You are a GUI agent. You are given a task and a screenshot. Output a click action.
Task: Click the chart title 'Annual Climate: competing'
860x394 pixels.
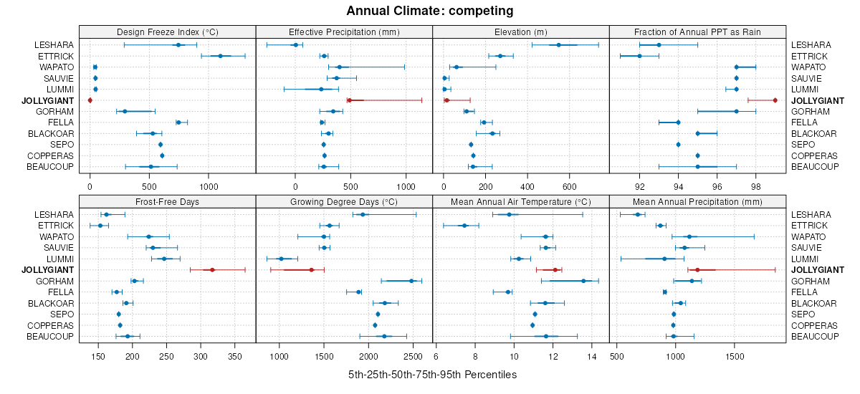(429, 11)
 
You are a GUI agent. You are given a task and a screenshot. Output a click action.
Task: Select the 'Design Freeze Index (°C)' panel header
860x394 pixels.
(167, 32)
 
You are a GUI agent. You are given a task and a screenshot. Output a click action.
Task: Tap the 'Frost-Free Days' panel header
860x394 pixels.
(167, 201)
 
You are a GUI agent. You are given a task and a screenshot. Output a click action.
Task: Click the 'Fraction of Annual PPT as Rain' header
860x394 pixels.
(697, 32)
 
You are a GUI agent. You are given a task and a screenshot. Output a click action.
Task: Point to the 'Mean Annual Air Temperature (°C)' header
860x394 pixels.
(521, 201)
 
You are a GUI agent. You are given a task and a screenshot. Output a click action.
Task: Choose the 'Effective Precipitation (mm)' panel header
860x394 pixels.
(344, 32)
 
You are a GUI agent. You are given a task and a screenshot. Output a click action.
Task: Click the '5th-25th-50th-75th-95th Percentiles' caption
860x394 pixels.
(432, 375)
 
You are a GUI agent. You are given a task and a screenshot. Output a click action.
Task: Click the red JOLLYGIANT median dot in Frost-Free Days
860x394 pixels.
(212, 270)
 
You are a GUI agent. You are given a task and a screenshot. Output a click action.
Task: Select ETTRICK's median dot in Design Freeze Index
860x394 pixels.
(221, 56)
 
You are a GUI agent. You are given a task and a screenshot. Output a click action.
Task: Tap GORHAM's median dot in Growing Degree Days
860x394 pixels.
(411, 281)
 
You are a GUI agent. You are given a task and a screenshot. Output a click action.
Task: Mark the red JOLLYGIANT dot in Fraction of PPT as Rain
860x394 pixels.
(775, 100)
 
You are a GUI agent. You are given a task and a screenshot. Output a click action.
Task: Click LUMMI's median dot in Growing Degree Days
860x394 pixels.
(281, 259)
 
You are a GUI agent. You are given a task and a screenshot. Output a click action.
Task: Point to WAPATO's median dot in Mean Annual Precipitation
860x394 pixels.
(689, 236)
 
